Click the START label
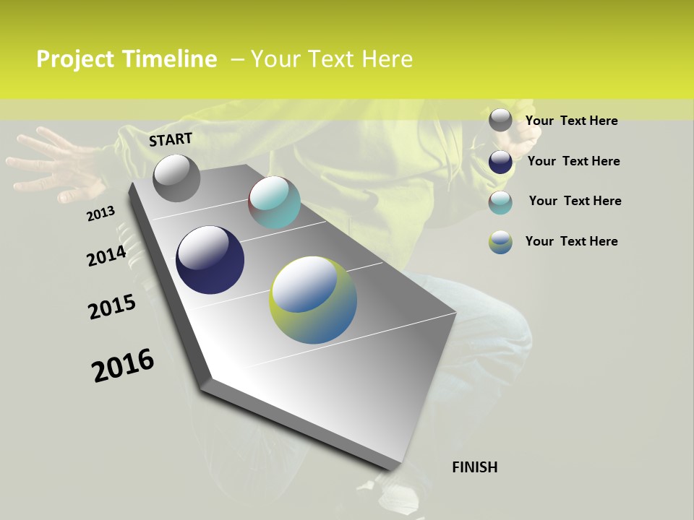pos(171,139)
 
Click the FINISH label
pos(475,467)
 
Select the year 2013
pos(100,214)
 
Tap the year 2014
pos(107,256)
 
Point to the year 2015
pos(112,307)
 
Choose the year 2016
pos(123,365)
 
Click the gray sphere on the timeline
pos(176,178)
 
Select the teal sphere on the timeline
pos(274,202)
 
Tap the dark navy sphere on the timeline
pos(210,260)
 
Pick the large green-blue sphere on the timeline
pos(313,300)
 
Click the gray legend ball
pos(500,121)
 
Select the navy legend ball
pos(500,162)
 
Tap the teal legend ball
pos(500,202)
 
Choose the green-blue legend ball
pos(500,242)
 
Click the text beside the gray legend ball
pos(571,121)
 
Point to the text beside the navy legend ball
pos(573,161)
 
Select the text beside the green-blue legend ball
pos(571,241)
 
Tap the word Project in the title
pos(74,59)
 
